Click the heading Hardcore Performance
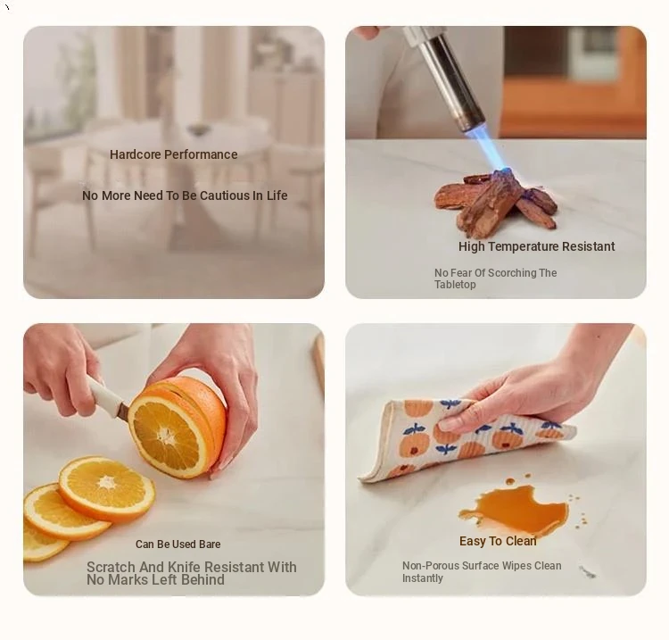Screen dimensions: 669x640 tap(174, 154)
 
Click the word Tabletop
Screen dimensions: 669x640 tap(455, 285)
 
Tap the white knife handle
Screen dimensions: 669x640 tap(103, 395)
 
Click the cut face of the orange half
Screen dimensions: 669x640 tap(169, 435)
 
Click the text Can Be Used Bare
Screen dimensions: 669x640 tap(178, 544)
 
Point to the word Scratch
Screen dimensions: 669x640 tap(111, 567)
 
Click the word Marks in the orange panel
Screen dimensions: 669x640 tap(128, 579)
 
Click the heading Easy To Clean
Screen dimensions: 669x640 tap(498, 541)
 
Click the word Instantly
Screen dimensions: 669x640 tap(423, 578)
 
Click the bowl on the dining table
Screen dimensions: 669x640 tap(197, 129)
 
